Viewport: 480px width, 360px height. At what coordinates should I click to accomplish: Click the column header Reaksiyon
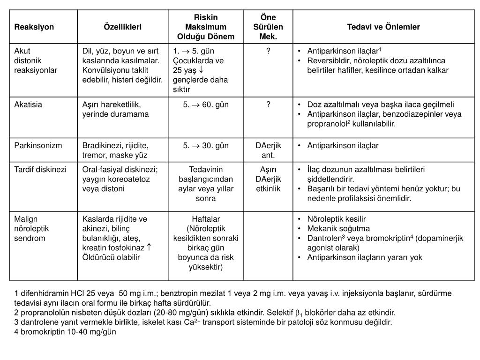tap(34, 27)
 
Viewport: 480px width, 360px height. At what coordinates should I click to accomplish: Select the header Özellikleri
tap(122, 27)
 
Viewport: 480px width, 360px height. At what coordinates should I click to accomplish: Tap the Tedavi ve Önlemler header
tap(383, 27)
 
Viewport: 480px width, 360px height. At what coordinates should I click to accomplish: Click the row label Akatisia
tap(28, 105)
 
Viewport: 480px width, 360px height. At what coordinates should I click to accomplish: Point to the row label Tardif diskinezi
tap(40, 170)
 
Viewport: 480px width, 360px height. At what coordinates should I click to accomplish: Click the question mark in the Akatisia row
tap(268, 105)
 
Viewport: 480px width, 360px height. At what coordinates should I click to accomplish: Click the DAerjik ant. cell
tap(268, 150)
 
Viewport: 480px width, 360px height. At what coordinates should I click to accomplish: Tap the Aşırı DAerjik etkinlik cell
tap(268, 179)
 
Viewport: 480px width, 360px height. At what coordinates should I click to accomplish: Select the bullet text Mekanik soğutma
tap(338, 229)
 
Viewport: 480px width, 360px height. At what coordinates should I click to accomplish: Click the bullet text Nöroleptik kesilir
tap(336, 219)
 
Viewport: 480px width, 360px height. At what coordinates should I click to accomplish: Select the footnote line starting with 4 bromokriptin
tap(65, 332)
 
